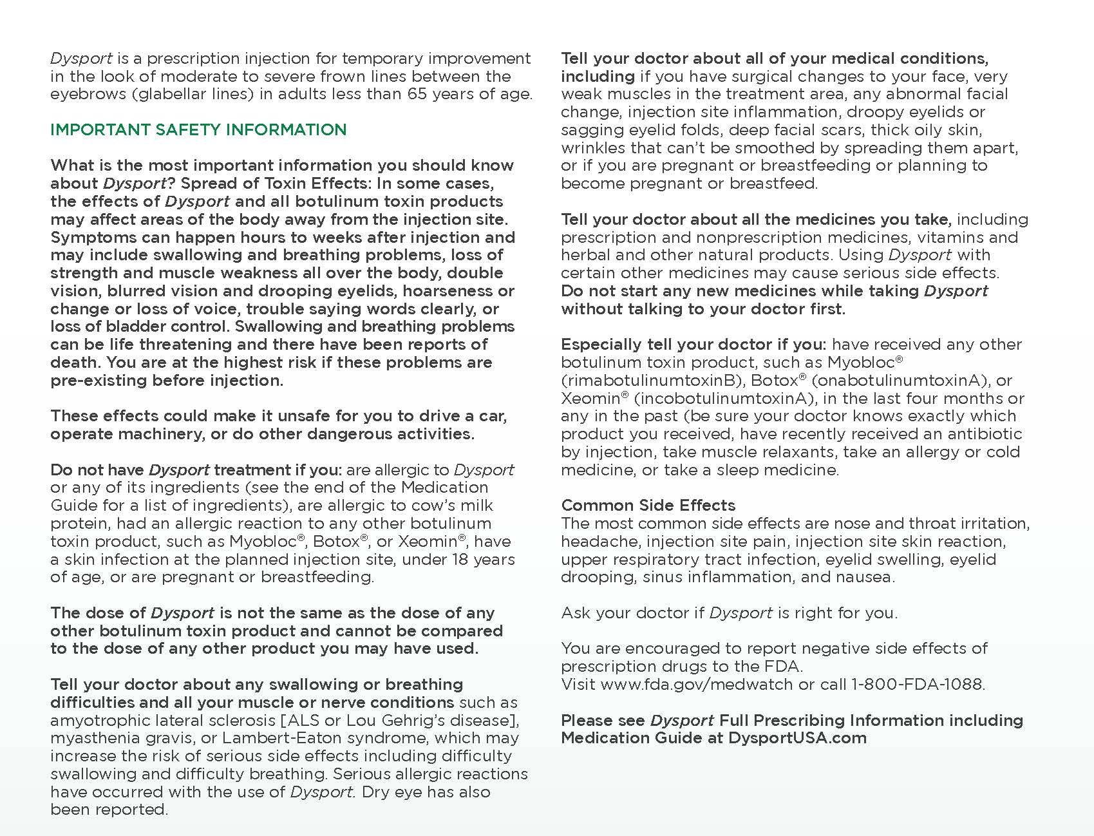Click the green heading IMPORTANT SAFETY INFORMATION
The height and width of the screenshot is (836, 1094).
point(198,129)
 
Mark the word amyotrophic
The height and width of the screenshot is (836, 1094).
point(95,720)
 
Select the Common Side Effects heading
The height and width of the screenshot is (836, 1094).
point(648,506)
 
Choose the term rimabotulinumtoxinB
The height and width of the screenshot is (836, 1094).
point(650,380)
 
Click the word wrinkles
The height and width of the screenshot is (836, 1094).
point(593,147)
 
